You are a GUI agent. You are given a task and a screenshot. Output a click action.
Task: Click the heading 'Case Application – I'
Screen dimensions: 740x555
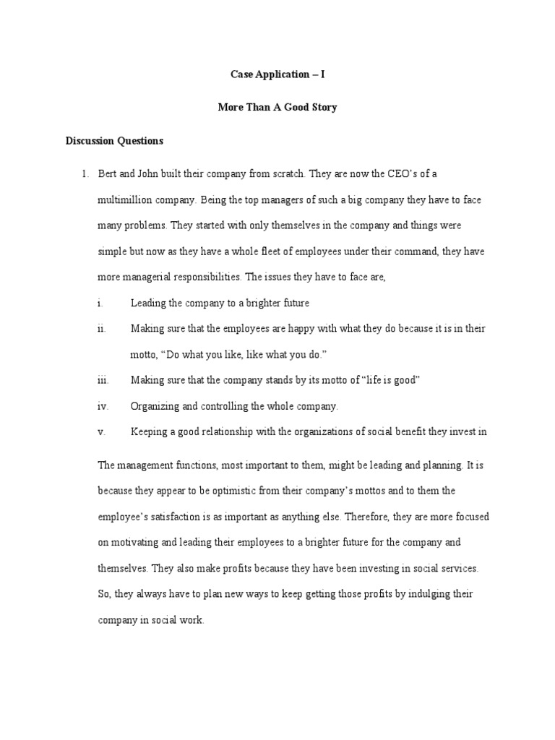(277, 75)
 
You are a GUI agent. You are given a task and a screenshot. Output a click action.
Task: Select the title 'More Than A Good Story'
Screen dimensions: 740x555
(277, 108)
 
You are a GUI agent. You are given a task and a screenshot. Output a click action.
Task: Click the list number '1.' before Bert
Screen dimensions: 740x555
(85, 173)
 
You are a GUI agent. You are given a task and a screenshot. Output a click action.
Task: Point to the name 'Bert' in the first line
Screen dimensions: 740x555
(108, 173)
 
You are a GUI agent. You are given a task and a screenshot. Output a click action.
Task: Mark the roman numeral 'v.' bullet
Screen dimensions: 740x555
(101, 432)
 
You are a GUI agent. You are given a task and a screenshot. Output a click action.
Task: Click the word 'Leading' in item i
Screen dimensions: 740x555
(147, 303)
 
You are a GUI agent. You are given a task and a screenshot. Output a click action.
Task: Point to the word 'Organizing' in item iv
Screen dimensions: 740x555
(154, 406)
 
